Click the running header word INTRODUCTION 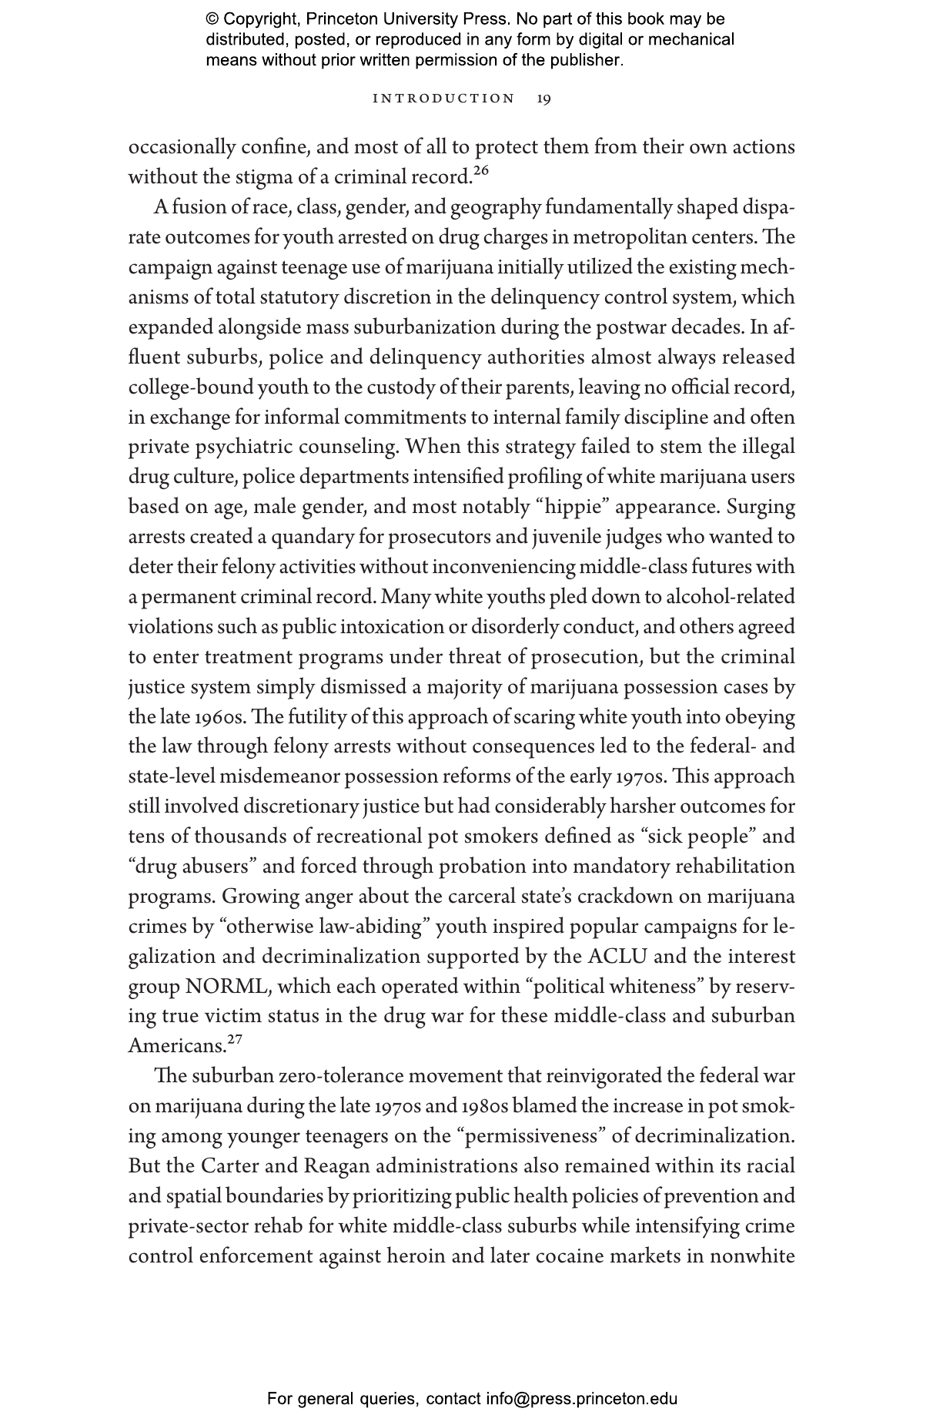point(443,99)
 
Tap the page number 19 point(543,99)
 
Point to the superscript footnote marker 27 point(235,1040)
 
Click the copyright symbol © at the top point(212,19)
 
